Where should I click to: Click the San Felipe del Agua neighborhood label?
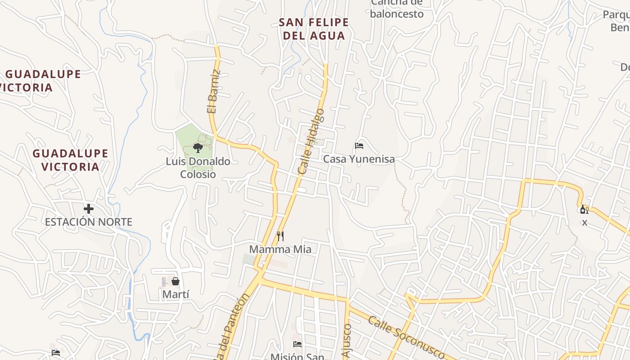(x=314, y=29)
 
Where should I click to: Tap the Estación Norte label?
(x=89, y=222)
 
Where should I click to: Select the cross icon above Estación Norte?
(x=89, y=209)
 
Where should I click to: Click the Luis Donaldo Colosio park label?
(x=198, y=168)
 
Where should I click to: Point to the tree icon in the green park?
(x=198, y=148)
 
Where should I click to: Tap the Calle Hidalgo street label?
(x=311, y=141)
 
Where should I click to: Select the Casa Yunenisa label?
(x=359, y=159)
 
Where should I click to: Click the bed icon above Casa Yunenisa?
(x=359, y=146)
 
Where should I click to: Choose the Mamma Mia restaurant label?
(x=280, y=249)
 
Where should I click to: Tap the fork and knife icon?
(x=280, y=236)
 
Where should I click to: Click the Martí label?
(x=175, y=294)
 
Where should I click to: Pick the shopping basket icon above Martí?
(x=175, y=282)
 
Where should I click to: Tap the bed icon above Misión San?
(x=297, y=345)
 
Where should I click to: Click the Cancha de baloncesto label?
(x=397, y=9)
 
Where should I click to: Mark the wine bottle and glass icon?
(x=585, y=209)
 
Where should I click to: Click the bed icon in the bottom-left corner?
(x=56, y=353)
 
